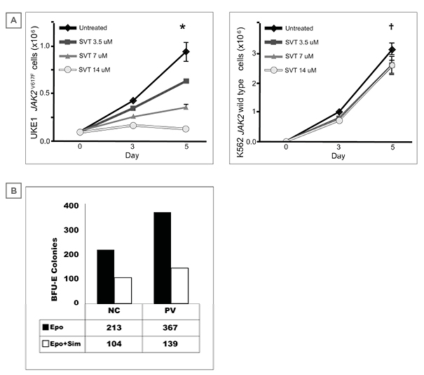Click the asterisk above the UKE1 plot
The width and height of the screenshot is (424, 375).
tap(182, 27)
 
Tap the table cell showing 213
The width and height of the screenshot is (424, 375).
tap(113, 327)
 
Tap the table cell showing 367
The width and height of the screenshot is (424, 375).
tap(171, 327)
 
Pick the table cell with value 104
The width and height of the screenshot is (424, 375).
tap(113, 344)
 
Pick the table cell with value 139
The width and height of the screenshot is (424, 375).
tap(171, 344)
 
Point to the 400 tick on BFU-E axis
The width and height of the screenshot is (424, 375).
tap(71, 206)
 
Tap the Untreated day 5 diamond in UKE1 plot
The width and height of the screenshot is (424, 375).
tap(186, 52)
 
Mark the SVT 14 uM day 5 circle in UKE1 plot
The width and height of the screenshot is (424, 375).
tap(186, 129)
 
